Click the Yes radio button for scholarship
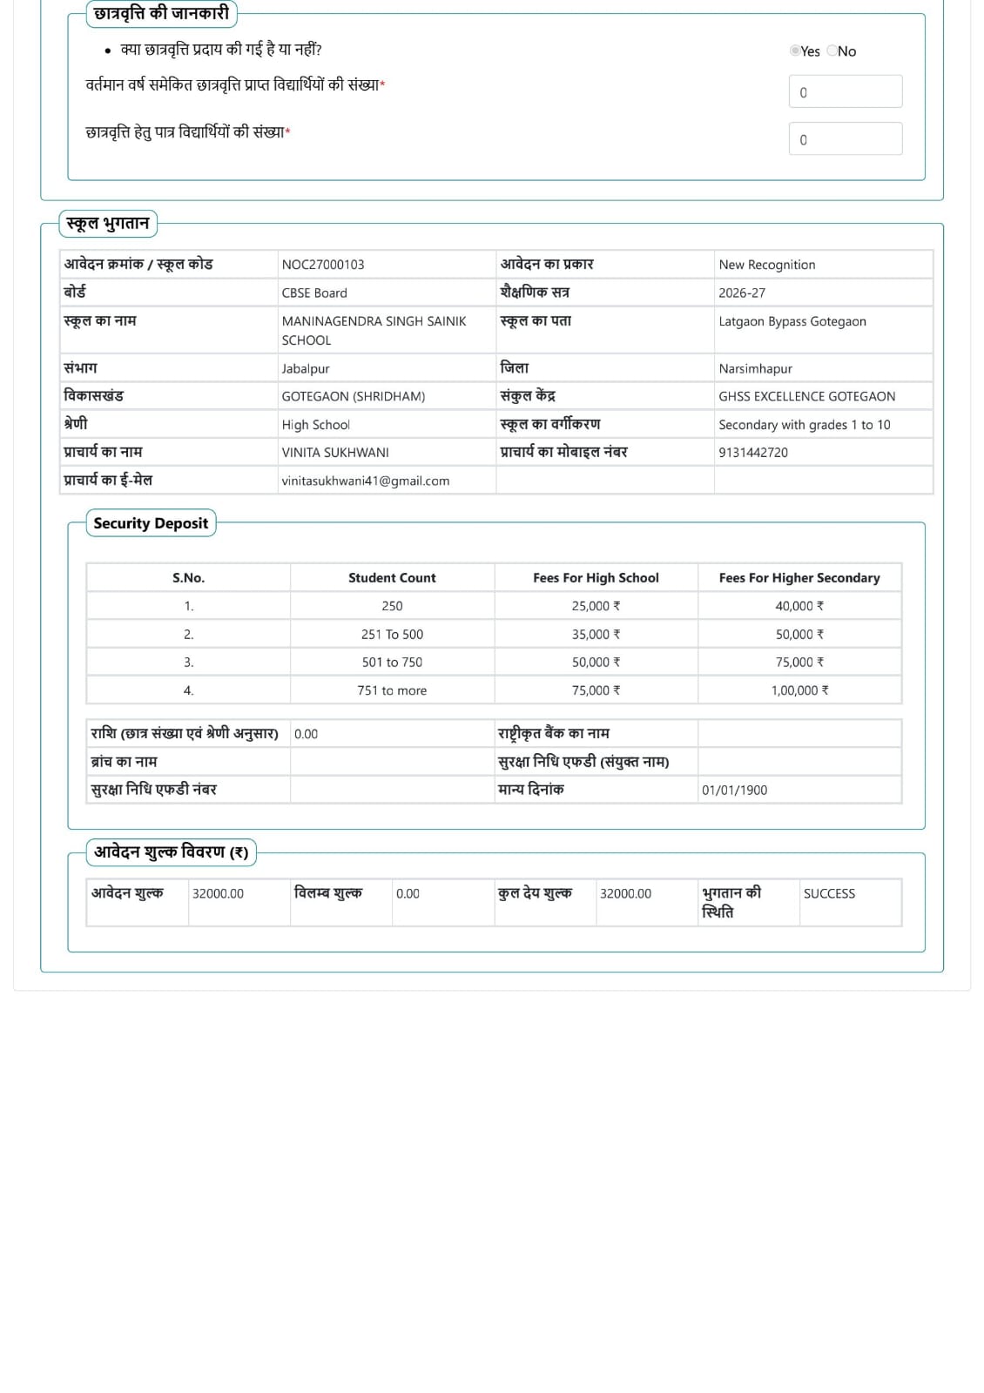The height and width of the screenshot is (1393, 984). coord(794,50)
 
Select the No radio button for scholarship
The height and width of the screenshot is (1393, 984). coord(832,50)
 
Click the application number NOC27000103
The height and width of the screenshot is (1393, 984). coord(323,265)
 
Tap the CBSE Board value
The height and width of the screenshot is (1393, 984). coord(314,293)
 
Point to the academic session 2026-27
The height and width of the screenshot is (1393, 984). coord(742,293)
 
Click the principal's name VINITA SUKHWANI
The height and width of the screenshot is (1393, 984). coord(335,453)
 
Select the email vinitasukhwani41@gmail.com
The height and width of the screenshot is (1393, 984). coord(366,481)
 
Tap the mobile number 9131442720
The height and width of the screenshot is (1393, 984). coord(753,453)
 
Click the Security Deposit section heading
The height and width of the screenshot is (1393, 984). coord(151,523)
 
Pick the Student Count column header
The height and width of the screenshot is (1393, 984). coord(392,577)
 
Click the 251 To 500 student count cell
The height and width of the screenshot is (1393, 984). coord(392,635)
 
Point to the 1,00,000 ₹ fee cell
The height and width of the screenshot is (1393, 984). coord(799,690)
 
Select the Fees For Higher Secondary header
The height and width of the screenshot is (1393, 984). coord(799,577)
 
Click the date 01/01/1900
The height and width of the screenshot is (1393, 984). coord(734,791)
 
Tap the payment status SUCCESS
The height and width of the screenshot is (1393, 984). coord(829,893)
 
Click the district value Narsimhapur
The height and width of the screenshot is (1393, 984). coord(755,368)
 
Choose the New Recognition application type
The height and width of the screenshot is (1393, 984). coord(767,265)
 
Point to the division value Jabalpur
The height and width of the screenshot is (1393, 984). coord(306,368)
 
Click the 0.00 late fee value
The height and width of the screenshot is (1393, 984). coord(408,893)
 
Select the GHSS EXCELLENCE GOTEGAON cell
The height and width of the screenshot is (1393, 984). coord(806,396)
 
